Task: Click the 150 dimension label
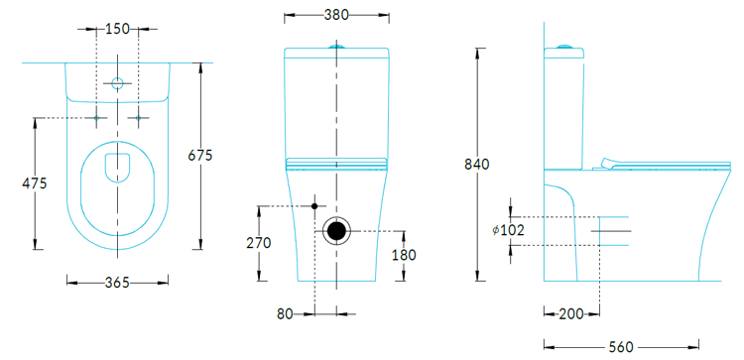pyautogui.click(x=117, y=29)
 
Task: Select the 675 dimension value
pyautogui.click(x=200, y=155)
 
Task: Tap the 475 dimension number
pyautogui.click(x=35, y=183)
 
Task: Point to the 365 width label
pyautogui.click(x=117, y=283)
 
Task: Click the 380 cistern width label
pyautogui.click(x=336, y=15)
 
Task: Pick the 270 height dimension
pyautogui.click(x=259, y=243)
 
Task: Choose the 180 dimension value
pyautogui.click(x=404, y=255)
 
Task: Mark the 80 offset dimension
pyautogui.click(x=285, y=314)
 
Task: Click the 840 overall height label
pyautogui.click(x=477, y=165)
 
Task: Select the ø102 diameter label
pyautogui.click(x=508, y=230)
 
